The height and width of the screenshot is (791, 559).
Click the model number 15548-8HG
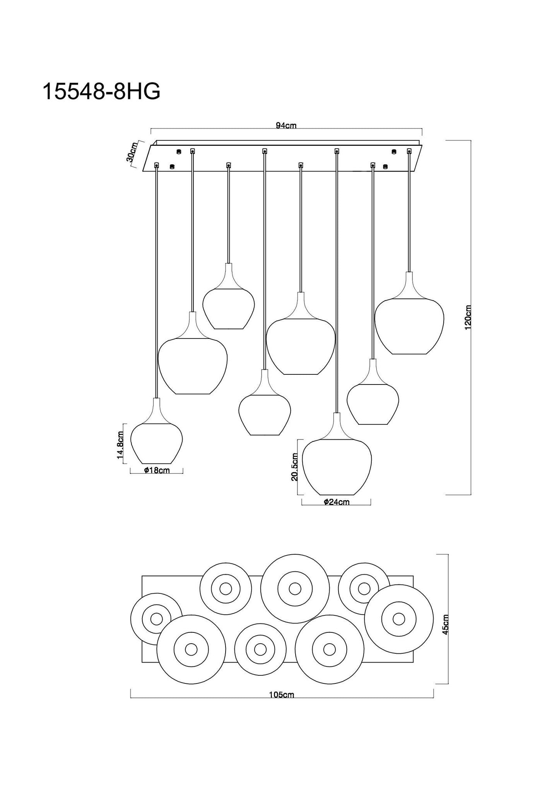tap(101, 92)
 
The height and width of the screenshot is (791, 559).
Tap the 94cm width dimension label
tap(286, 125)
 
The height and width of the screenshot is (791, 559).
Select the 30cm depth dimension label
tap(132, 152)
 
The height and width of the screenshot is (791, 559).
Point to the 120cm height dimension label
tap(468, 317)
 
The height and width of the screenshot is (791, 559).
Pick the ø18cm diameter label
tap(157, 470)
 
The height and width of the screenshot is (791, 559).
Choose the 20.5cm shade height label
tap(294, 467)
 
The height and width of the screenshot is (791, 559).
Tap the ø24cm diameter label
tap(337, 502)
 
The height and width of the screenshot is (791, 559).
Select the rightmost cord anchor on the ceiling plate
tap(409, 150)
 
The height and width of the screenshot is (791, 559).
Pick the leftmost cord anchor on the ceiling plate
tap(157, 165)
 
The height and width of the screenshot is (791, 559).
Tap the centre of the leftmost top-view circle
tap(156, 619)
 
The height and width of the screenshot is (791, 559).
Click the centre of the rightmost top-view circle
tap(399, 619)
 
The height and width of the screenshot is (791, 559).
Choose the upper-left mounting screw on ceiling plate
tap(178, 151)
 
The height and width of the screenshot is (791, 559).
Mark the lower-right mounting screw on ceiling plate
tap(385, 167)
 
